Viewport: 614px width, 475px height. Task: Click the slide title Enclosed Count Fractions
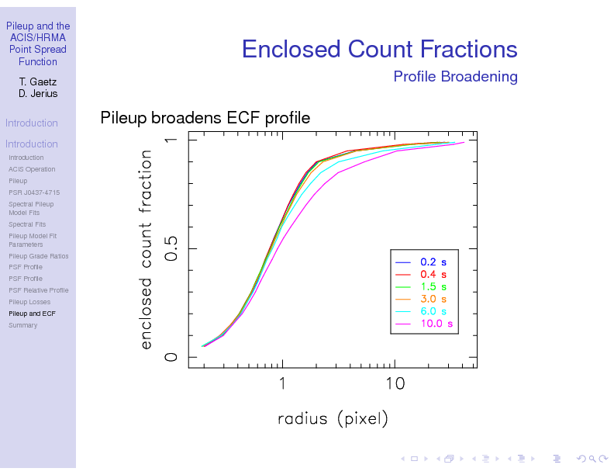379,49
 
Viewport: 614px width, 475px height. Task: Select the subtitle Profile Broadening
455,76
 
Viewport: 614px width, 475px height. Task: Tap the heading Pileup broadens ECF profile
205,118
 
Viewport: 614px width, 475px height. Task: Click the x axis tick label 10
395,383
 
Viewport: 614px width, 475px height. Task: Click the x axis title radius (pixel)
333,419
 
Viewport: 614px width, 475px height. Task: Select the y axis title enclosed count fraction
146,248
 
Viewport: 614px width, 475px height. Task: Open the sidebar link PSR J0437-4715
34,192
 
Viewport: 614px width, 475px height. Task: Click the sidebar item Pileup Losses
29,302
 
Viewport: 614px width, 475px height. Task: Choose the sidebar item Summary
22,325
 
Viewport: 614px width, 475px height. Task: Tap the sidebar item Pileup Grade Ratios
38,256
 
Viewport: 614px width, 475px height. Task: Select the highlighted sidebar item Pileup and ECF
32,314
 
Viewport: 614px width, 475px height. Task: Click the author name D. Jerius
38,94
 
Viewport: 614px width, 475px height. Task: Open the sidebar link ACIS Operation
32,169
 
